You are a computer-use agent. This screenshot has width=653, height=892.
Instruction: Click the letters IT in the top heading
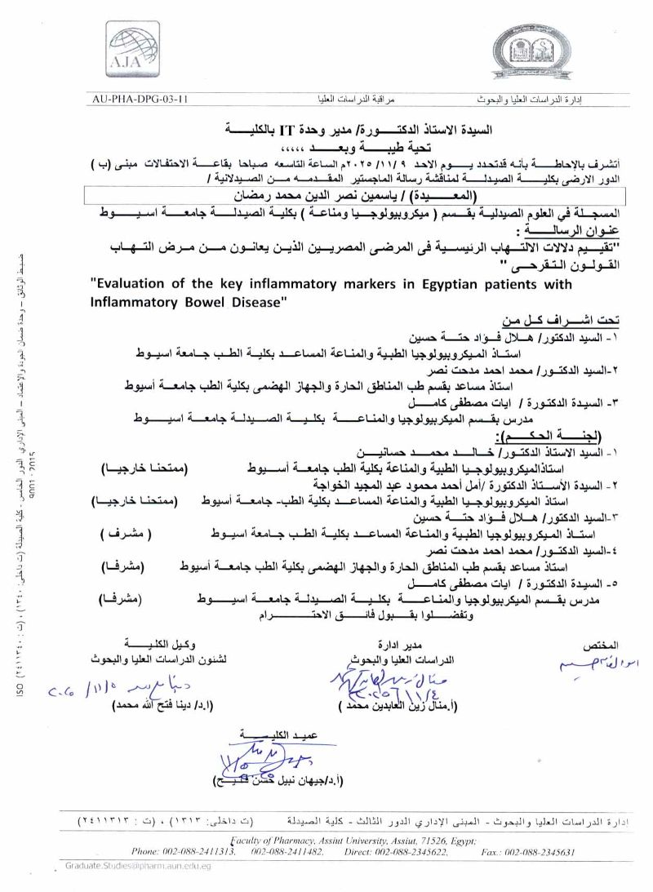point(287,130)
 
